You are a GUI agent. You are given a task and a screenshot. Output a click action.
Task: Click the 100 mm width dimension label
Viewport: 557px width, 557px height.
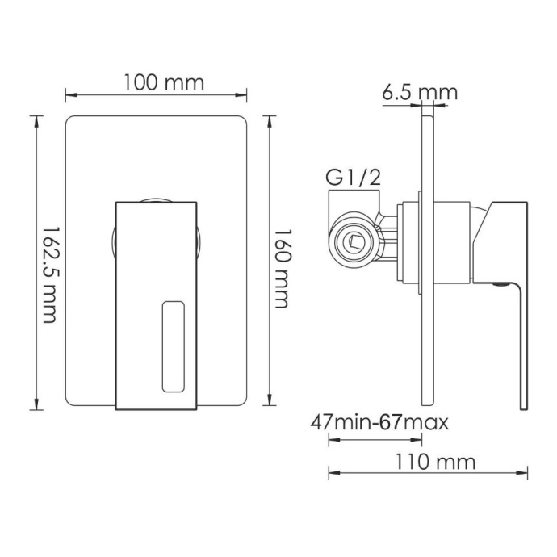[164, 82]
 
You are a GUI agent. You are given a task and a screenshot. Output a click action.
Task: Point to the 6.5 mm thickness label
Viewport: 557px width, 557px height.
[419, 92]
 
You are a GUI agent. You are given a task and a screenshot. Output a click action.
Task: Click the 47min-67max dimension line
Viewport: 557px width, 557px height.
[375, 440]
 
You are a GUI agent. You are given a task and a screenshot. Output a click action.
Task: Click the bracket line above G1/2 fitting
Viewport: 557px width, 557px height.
[353, 191]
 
